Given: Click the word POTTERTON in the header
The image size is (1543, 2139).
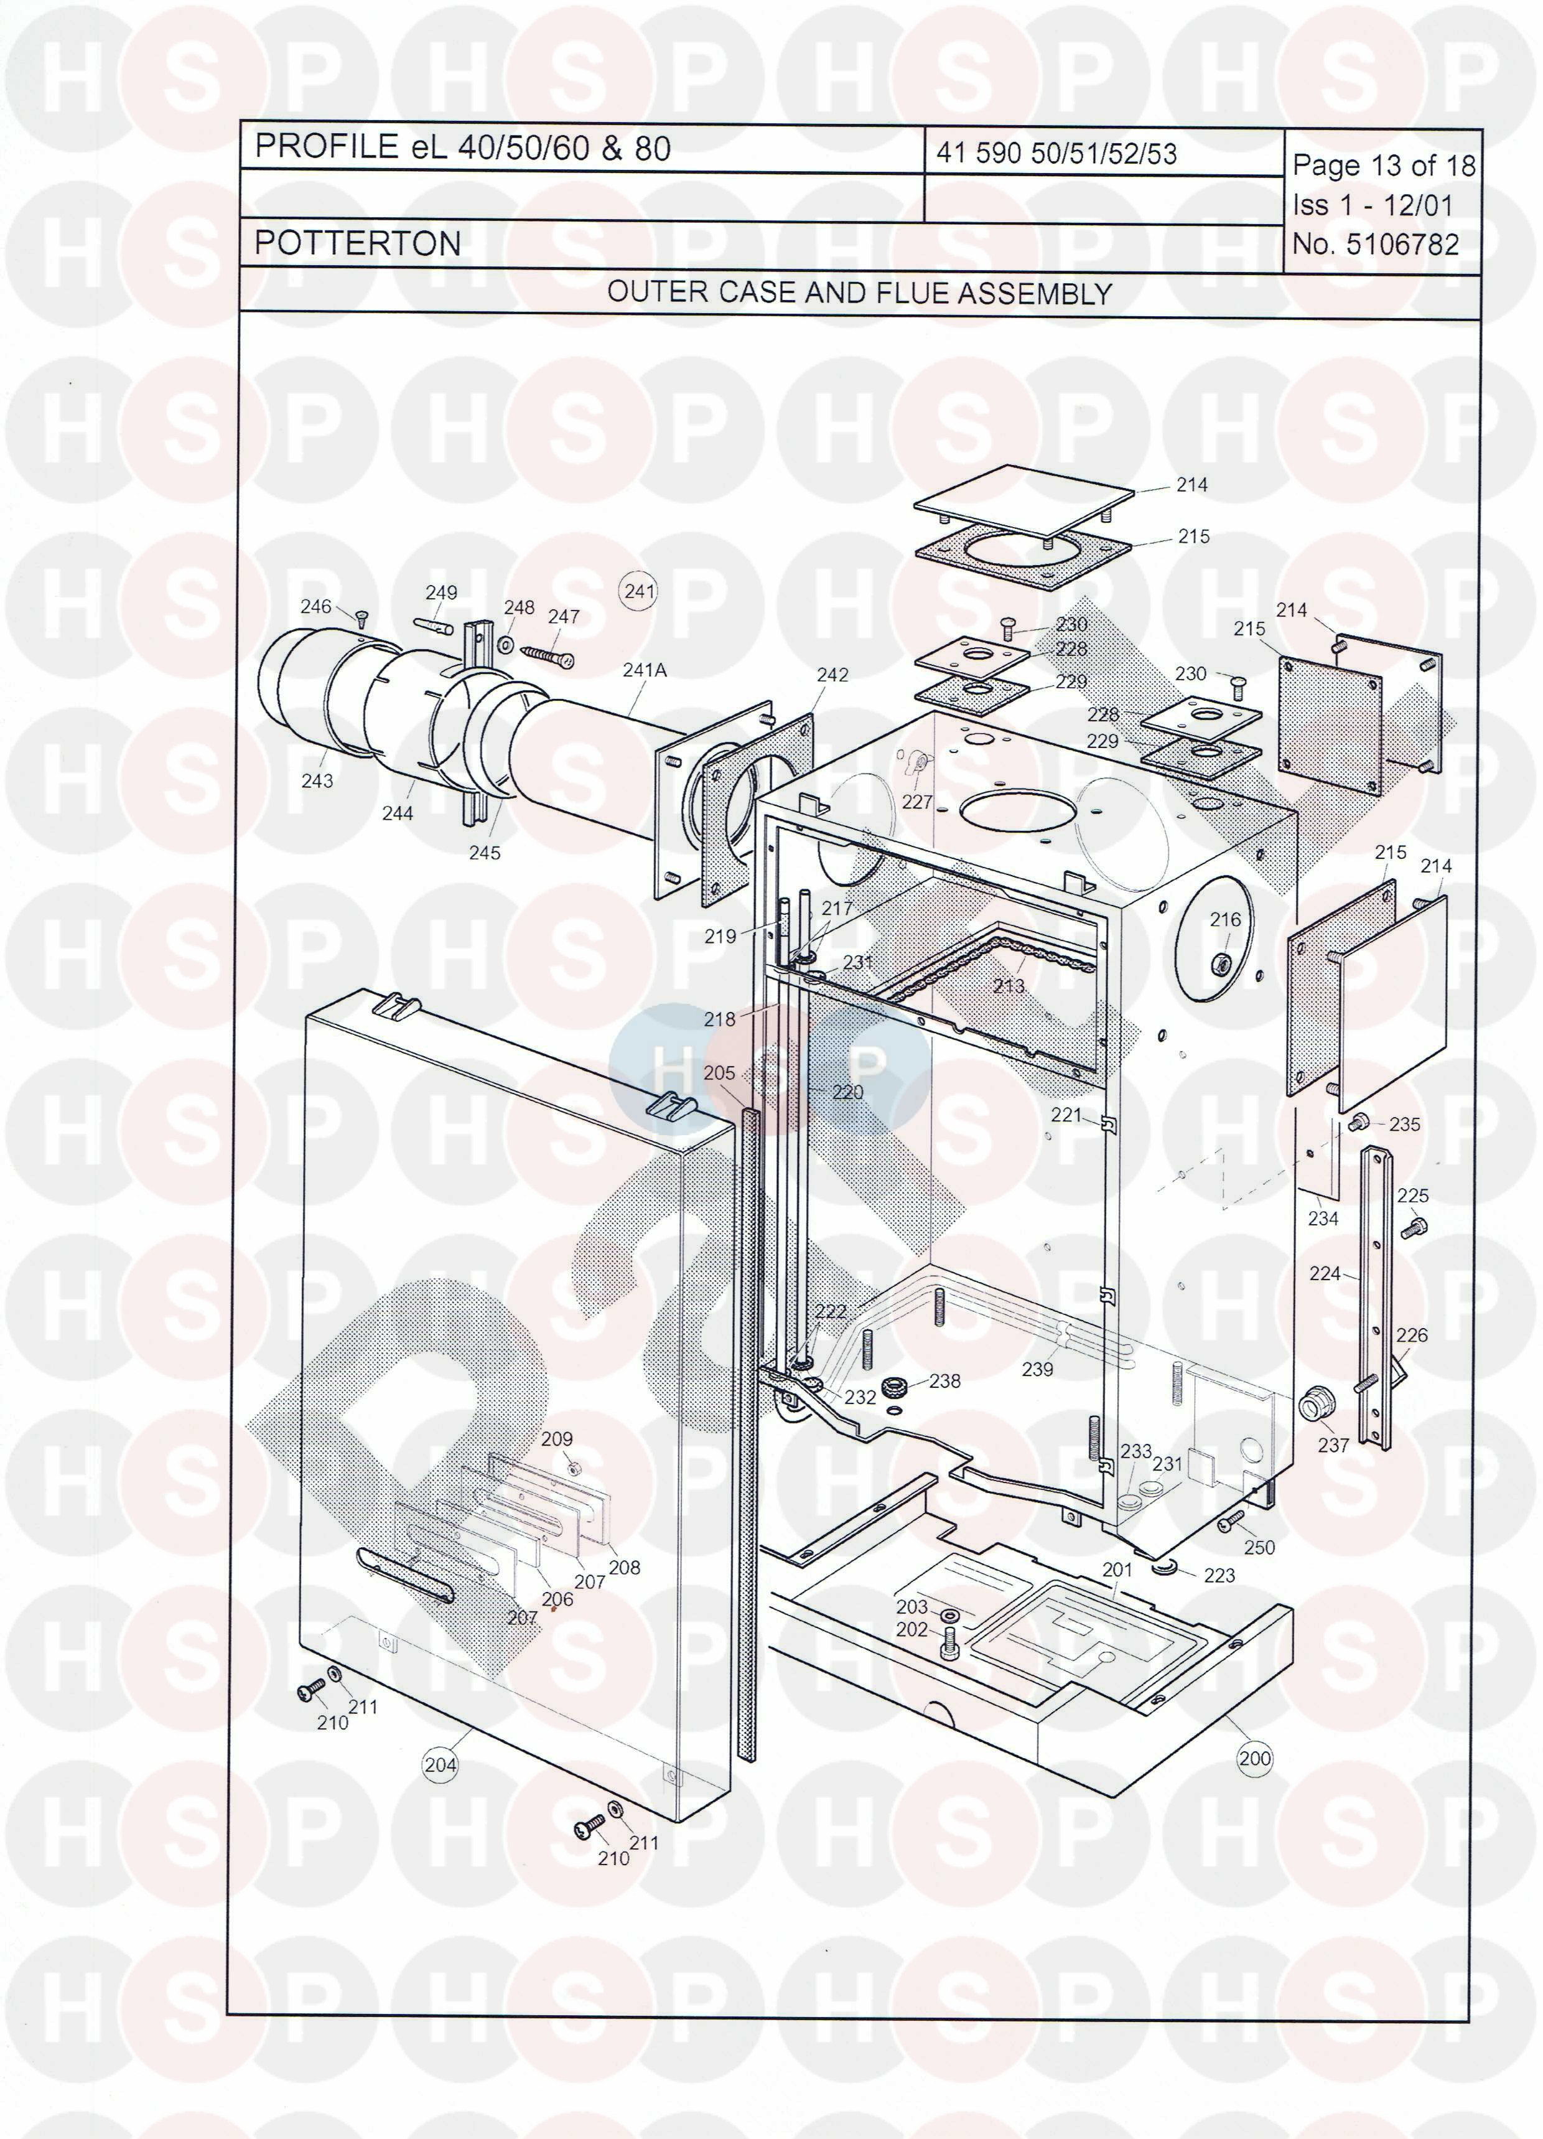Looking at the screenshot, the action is pyautogui.click(x=358, y=243).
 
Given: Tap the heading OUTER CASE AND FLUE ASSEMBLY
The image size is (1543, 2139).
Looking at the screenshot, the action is pyautogui.click(x=859, y=293).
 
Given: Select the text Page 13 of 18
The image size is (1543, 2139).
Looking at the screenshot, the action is pyautogui.click(x=1384, y=166).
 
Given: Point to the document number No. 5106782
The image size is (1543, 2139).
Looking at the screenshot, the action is pyautogui.click(x=1375, y=244).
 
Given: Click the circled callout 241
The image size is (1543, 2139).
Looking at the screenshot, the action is pyautogui.click(x=640, y=591).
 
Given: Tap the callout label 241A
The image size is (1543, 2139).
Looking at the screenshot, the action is pyautogui.click(x=644, y=670).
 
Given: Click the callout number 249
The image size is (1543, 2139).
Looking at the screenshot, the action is pyautogui.click(x=441, y=592).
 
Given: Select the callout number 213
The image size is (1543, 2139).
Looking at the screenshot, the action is pyautogui.click(x=1008, y=986).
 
